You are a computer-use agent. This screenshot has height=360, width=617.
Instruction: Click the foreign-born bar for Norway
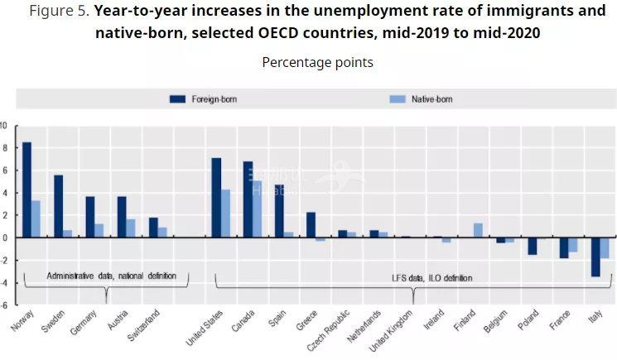click(27, 190)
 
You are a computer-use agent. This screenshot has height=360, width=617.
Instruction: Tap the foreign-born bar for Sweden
click(59, 206)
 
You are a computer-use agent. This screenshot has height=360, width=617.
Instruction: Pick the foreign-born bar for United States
click(216, 197)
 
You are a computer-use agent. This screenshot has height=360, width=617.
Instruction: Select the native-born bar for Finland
click(478, 230)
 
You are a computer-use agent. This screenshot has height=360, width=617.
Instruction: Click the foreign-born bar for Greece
click(311, 225)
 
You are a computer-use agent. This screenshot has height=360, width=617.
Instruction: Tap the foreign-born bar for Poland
click(532, 246)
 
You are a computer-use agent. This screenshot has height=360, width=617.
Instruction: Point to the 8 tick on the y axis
click(3, 148)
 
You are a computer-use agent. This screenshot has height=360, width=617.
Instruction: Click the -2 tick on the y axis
click(3, 260)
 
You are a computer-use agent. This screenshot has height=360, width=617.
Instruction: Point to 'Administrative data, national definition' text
click(111, 275)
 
